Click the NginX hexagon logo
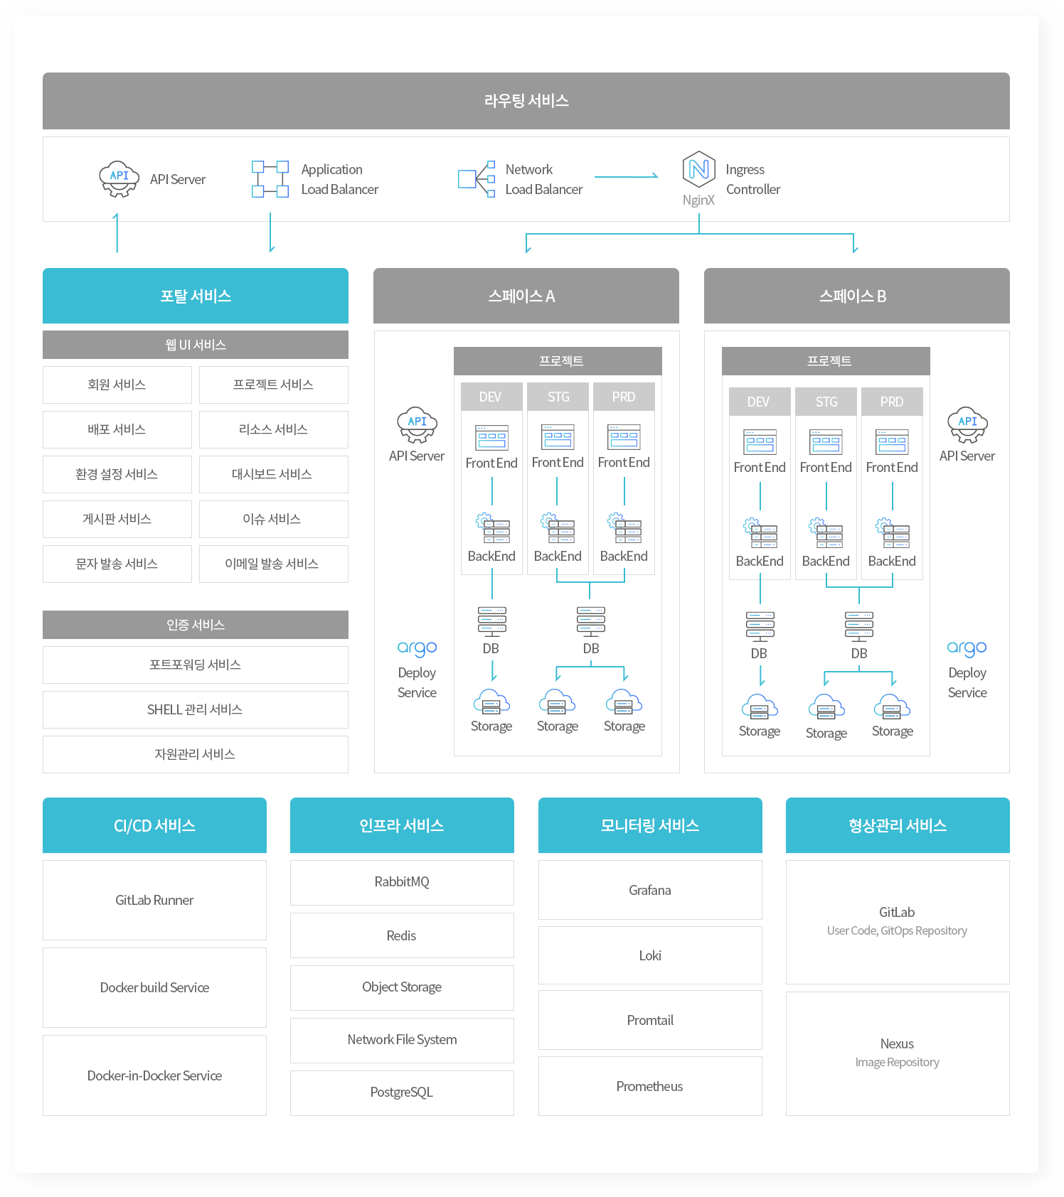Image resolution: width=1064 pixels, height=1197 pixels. (x=698, y=169)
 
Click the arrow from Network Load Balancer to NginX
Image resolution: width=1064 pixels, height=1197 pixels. (x=626, y=176)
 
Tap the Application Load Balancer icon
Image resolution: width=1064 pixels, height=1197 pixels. (x=270, y=179)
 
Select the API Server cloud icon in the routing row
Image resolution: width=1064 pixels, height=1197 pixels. (x=119, y=179)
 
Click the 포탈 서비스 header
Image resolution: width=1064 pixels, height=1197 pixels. (x=196, y=296)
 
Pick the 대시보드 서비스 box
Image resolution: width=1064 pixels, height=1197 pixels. (x=274, y=474)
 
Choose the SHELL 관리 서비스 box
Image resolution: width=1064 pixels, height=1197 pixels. (x=196, y=709)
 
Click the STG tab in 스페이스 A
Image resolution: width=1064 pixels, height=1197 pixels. (x=558, y=397)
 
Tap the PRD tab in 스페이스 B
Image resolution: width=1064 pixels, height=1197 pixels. (x=892, y=402)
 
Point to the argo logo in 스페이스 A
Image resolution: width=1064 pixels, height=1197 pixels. (x=417, y=648)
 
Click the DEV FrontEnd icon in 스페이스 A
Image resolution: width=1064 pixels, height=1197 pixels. (x=492, y=438)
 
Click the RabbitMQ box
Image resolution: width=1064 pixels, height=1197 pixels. (x=402, y=882)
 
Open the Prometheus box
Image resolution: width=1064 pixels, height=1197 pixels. (x=650, y=1086)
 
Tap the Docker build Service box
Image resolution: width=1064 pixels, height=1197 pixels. (x=154, y=987)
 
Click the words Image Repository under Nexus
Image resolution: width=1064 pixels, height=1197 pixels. (x=897, y=1063)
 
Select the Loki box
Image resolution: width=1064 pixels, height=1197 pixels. (x=650, y=955)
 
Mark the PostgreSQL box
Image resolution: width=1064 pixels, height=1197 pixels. (x=402, y=1093)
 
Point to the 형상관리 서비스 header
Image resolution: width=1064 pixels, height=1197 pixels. (x=898, y=825)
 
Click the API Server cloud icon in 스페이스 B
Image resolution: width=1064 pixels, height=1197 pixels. (x=967, y=424)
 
